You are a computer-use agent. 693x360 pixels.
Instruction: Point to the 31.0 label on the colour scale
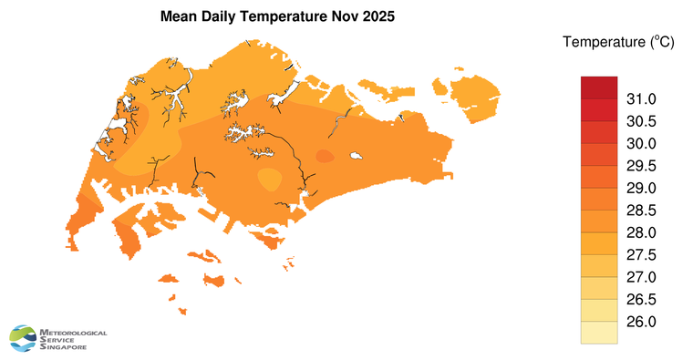[x=641, y=98]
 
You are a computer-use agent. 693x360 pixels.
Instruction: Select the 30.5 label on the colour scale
[x=641, y=121]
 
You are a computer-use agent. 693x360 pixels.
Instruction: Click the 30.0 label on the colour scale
[x=641, y=143]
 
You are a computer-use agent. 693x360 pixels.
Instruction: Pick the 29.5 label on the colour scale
[x=641, y=166]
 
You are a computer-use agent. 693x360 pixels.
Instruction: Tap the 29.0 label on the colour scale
[x=641, y=188]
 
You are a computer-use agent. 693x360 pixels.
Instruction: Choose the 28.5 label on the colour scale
[x=641, y=211]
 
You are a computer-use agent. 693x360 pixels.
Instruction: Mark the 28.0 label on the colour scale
[x=641, y=232]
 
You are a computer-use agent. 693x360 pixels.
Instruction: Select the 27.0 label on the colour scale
[x=641, y=277]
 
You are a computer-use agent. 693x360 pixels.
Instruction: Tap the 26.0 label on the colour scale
[x=641, y=322]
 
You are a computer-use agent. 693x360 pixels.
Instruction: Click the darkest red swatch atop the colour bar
[x=599, y=87]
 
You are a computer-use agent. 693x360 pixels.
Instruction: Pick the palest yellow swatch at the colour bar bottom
[x=599, y=334]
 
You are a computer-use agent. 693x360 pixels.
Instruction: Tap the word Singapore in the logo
[x=64, y=347]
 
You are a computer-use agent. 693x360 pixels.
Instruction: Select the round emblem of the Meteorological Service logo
[x=24, y=338]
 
